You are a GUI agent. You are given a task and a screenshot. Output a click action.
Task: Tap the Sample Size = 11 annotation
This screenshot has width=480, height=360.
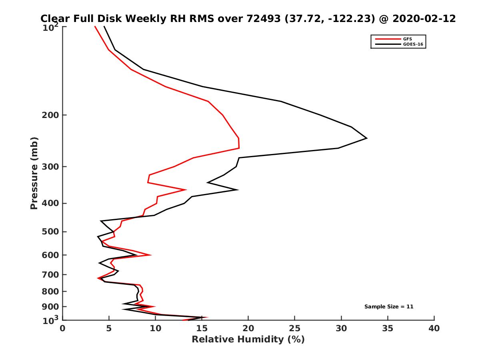tap(388, 307)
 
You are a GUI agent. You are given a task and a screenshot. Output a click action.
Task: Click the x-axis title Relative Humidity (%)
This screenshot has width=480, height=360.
tap(248, 340)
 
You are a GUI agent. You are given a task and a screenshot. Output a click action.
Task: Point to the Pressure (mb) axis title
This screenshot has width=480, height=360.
tap(34, 173)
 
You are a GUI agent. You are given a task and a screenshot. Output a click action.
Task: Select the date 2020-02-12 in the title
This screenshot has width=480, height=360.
tap(425, 18)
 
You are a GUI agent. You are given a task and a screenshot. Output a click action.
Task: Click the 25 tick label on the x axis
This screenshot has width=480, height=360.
tap(295, 328)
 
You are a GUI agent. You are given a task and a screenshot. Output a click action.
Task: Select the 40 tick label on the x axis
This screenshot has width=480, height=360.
tap(434, 328)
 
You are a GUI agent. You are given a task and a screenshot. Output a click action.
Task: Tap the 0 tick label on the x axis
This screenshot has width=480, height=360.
tap(63, 328)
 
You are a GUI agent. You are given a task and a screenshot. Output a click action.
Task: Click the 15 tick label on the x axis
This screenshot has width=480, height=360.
tap(202, 328)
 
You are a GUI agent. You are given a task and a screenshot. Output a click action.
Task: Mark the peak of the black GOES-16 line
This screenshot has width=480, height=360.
tap(366, 138)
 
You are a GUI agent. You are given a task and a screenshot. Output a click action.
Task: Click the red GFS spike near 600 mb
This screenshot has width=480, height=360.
tap(150, 255)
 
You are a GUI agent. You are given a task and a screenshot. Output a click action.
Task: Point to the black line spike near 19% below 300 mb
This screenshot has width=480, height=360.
tap(238, 190)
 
